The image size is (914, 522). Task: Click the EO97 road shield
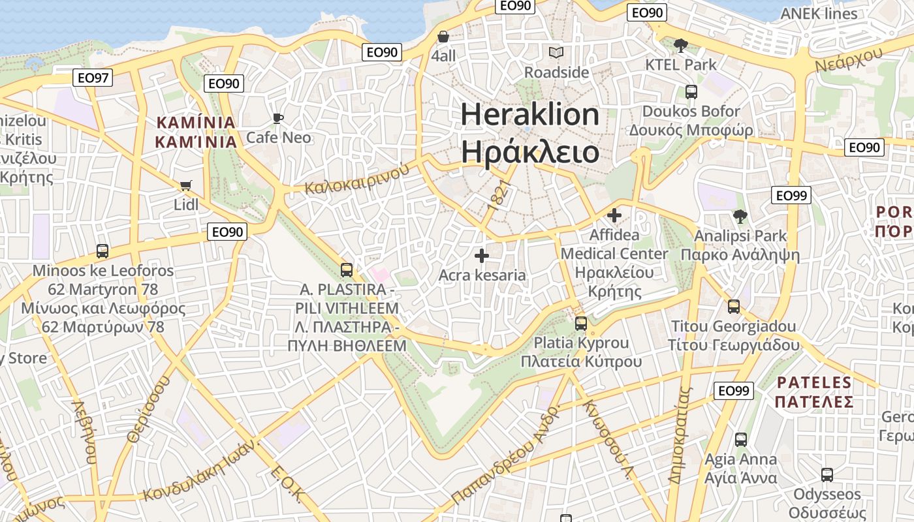pos(93,78)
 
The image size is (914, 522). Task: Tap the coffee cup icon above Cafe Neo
pos(278,118)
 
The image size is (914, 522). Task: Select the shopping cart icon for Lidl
pos(186,185)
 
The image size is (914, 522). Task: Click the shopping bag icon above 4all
pos(443,37)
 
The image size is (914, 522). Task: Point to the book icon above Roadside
pos(556,52)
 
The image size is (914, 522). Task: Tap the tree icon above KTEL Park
pos(681,45)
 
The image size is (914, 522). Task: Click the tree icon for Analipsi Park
pos(740,216)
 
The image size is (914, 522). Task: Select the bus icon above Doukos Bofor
pos(691,92)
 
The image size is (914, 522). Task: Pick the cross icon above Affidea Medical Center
pos(614,215)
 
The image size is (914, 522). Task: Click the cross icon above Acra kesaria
pos(482,256)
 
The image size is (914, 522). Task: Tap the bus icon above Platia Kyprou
pos(581,323)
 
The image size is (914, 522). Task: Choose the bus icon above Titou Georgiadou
pos(734,307)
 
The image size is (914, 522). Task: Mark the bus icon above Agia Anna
pos(741,440)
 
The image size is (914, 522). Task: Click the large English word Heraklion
pos(530,115)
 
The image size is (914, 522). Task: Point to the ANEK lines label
pos(819,14)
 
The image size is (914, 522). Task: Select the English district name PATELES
pos(815,382)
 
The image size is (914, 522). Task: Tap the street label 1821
pos(497,195)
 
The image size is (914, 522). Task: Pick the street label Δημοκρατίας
pos(679,435)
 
